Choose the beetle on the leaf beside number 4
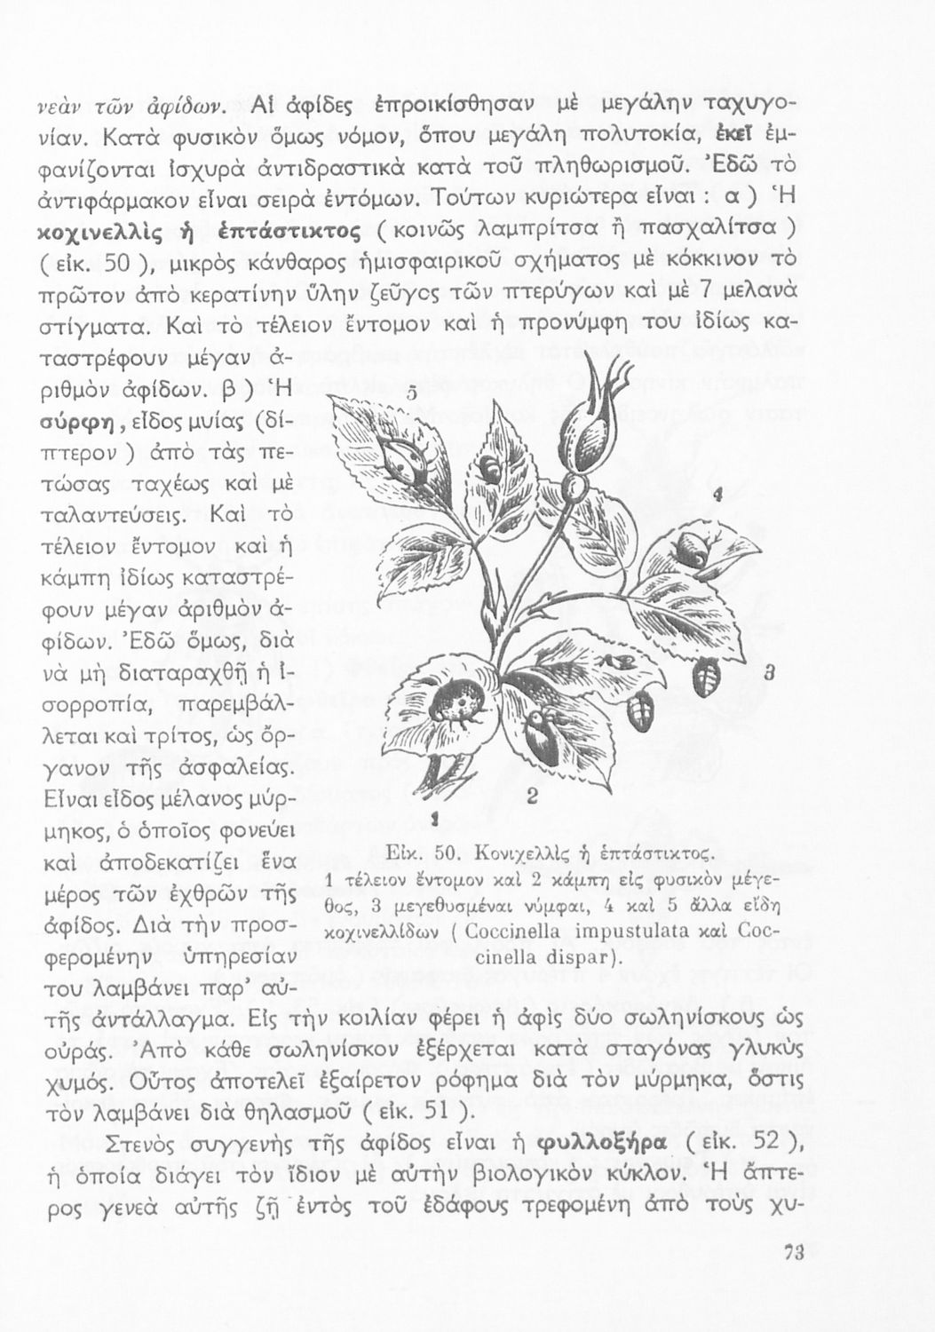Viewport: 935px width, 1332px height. (x=692, y=549)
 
